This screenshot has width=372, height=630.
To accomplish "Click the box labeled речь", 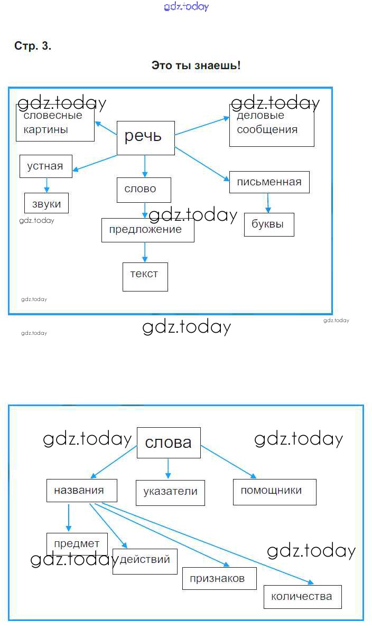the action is (146, 138).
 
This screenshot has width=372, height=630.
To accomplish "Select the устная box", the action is (46, 166).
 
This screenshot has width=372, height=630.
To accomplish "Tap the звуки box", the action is (46, 203).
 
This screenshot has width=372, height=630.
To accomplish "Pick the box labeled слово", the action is (144, 190).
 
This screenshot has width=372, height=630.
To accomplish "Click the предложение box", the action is (148, 230).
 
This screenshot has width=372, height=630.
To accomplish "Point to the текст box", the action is (145, 277).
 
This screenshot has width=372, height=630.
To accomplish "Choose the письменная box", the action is (269, 182).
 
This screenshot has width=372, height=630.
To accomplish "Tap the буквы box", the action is (269, 224).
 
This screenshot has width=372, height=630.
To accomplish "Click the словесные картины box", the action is (55, 123).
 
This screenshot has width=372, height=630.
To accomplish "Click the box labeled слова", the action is (169, 443).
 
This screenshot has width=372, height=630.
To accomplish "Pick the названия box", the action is (81, 491).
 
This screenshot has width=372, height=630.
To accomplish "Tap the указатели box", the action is (171, 493).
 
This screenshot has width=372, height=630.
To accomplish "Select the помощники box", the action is (275, 492).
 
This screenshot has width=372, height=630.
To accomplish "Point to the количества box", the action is (303, 597).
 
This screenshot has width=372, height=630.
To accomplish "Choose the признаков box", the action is (220, 579).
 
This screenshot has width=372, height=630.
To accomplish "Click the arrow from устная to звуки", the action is (46, 185).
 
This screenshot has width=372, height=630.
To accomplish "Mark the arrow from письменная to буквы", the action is (268, 203).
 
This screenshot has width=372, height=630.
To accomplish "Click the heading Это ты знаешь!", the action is (196, 65).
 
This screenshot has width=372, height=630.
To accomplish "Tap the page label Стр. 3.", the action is (33, 46).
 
